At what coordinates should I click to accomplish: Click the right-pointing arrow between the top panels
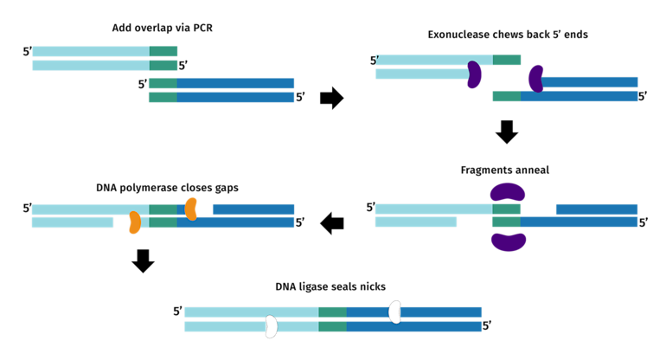point(331,98)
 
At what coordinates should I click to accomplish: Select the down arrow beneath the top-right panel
point(507,131)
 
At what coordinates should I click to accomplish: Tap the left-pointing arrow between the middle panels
point(331,223)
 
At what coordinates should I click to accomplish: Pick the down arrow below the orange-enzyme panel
point(143,260)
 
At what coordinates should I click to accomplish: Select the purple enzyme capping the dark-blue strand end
point(536,79)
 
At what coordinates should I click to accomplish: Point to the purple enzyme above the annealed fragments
point(508,191)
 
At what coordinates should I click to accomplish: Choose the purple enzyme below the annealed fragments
point(509,241)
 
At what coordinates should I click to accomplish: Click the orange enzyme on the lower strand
point(134,222)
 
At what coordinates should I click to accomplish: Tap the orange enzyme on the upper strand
point(190,209)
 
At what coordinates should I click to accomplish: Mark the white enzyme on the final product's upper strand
point(394,312)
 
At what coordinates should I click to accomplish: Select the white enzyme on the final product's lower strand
point(271,326)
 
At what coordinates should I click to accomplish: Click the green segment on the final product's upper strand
point(332,312)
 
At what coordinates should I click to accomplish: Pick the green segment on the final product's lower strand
point(332,326)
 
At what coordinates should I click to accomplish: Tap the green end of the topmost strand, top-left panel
point(163,51)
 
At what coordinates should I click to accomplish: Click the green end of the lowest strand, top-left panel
point(163,97)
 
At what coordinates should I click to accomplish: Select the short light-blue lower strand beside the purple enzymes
point(415,222)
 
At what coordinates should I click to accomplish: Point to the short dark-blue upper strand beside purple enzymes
point(596,209)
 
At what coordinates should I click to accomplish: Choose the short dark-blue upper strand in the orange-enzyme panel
point(253,209)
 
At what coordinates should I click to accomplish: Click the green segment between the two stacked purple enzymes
point(506,215)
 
